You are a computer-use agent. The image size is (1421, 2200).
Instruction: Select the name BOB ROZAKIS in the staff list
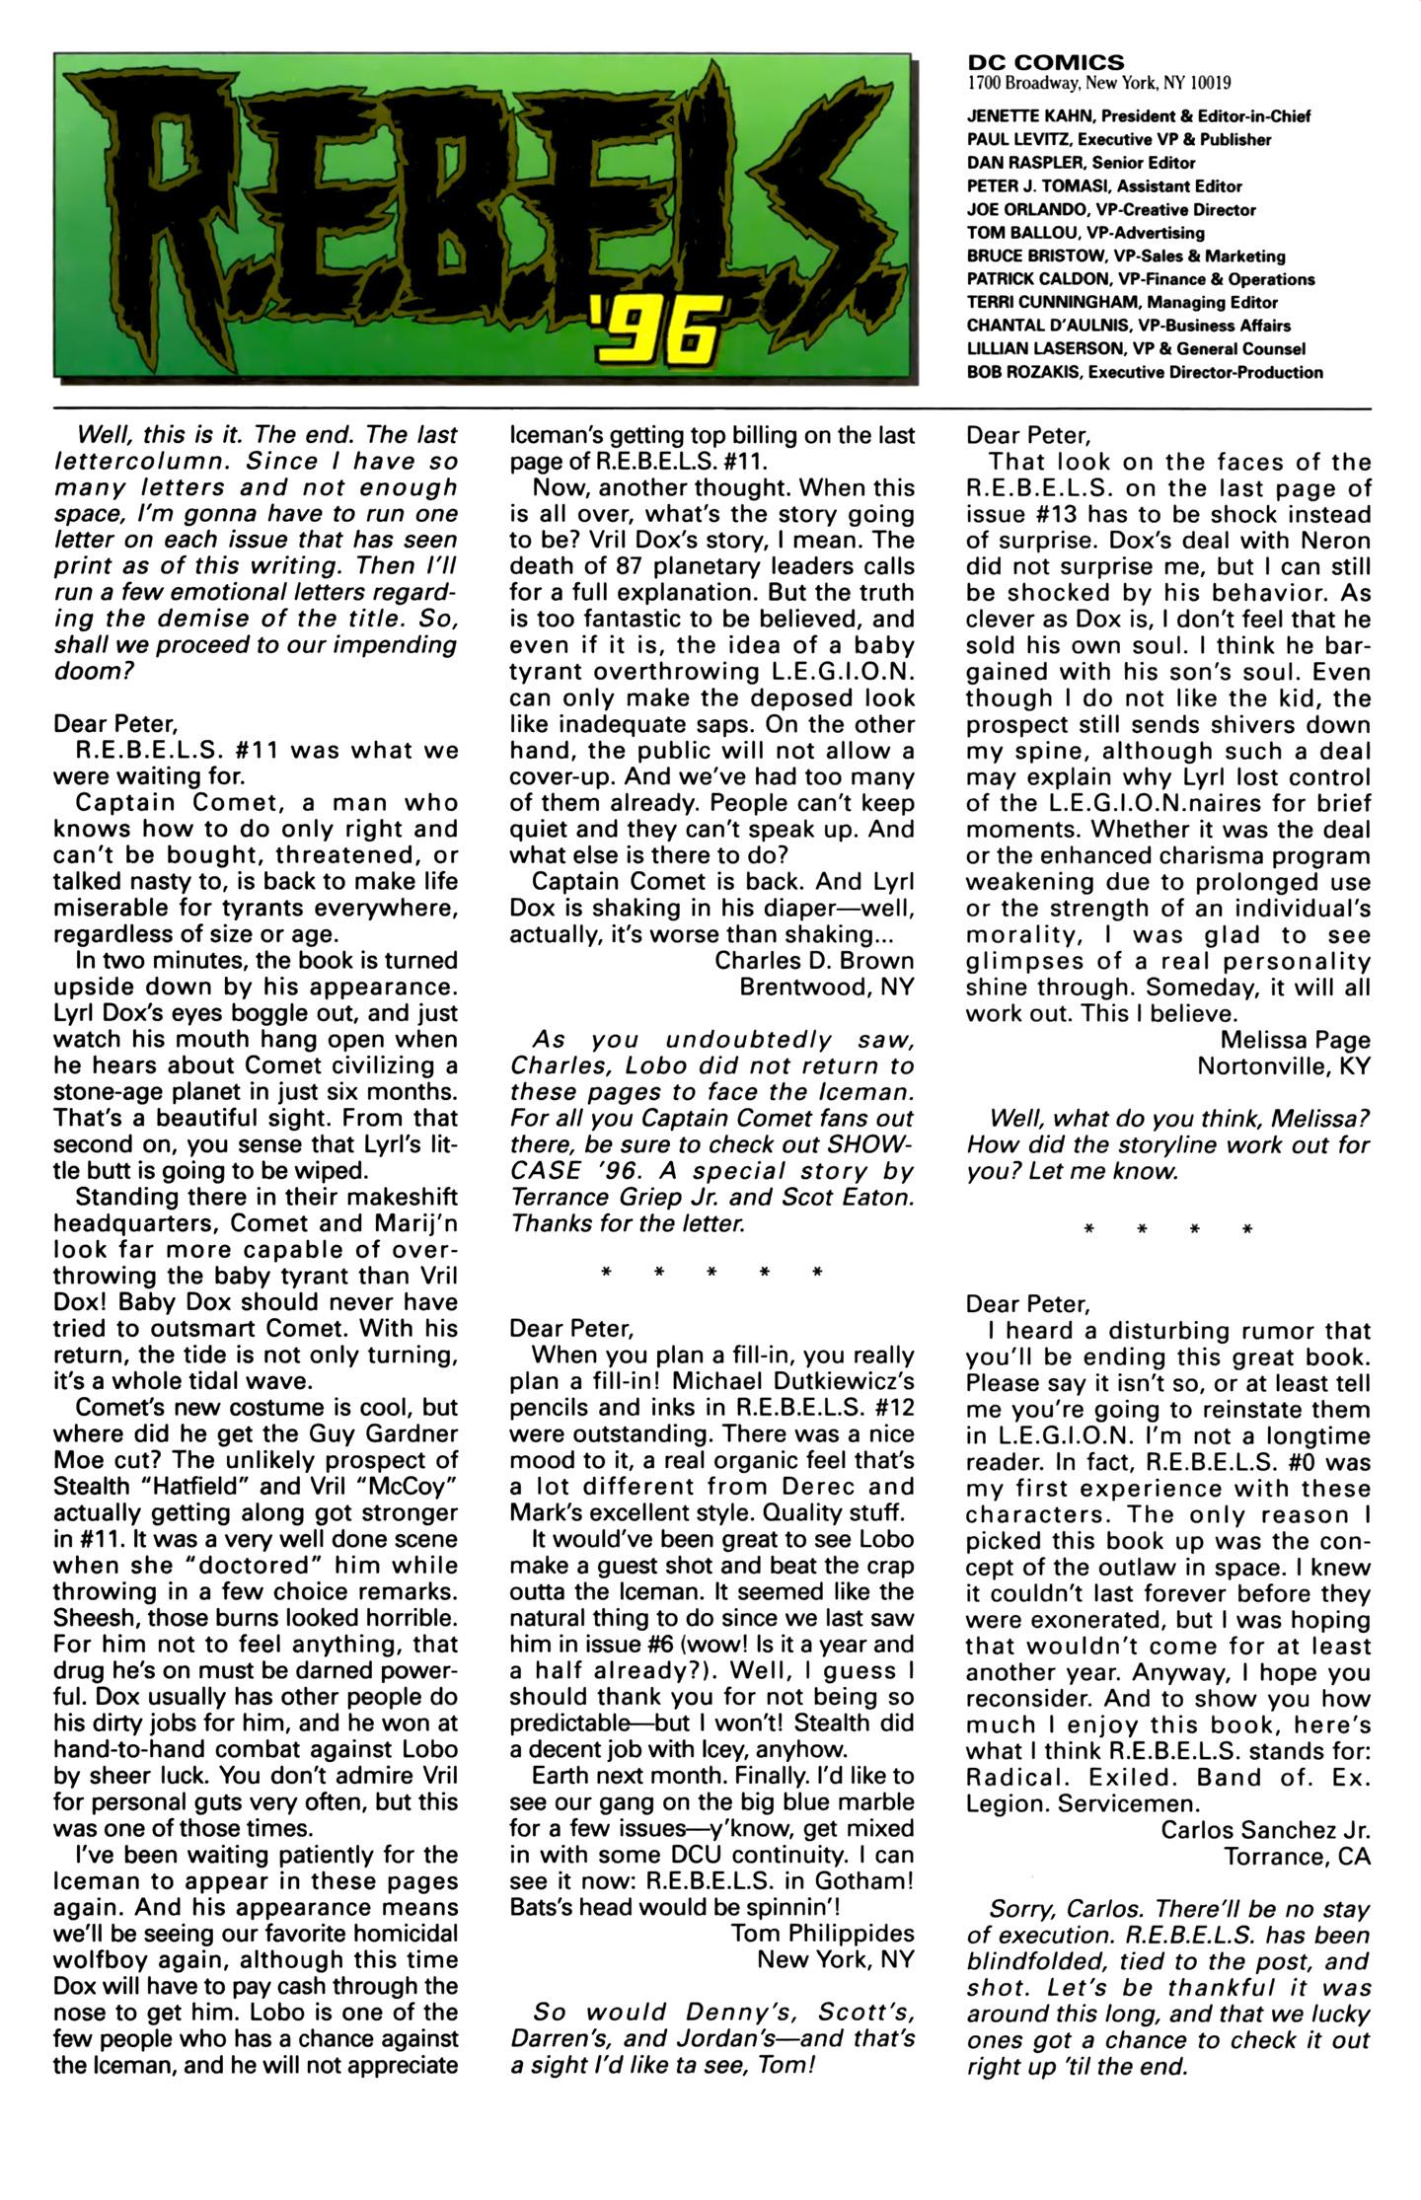pyautogui.click(x=1019, y=372)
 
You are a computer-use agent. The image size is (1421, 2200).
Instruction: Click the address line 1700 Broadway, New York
pyautogui.click(x=1099, y=84)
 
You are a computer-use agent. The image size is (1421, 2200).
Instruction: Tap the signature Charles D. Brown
pyautogui.click(x=814, y=960)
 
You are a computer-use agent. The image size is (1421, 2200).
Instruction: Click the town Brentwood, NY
pyautogui.click(x=827, y=987)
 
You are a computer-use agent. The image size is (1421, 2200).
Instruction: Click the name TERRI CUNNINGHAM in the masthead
pyautogui.click(x=1051, y=303)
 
